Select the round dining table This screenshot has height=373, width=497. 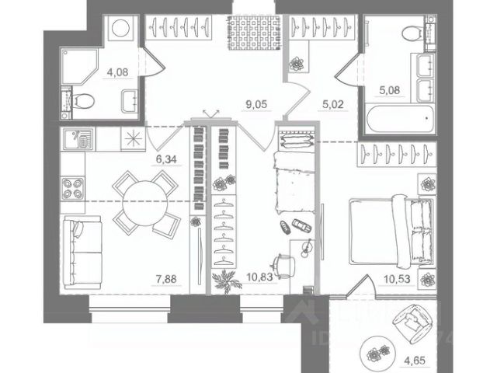click(x=143, y=202)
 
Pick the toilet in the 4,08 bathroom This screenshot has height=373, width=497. click(x=83, y=99)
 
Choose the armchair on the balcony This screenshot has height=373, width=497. click(x=413, y=324)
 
